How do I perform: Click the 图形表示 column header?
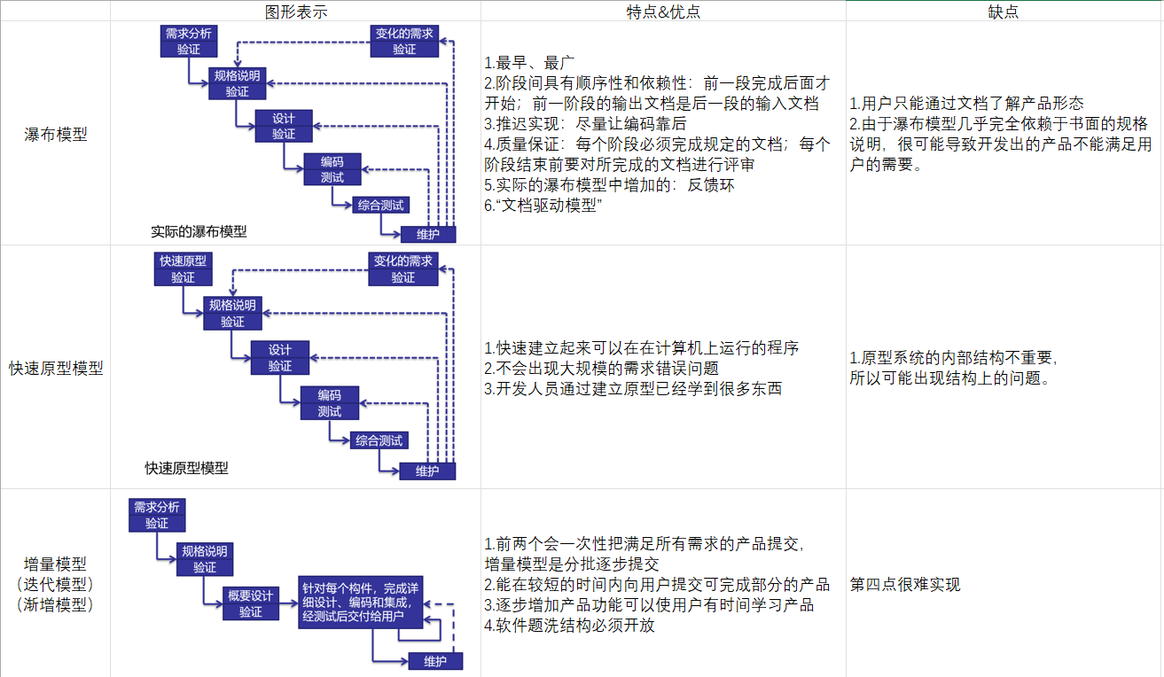click(x=296, y=11)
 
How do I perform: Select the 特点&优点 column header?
click(x=663, y=11)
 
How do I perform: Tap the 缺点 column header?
click(x=1004, y=11)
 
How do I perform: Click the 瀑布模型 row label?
click(x=56, y=136)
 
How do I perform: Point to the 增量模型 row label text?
click(x=56, y=564)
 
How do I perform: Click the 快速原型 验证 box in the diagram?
click(x=183, y=268)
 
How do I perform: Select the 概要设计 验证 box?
click(x=251, y=603)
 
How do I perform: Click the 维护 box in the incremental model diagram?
click(x=435, y=662)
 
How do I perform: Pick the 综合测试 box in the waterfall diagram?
click(x=381, y=205)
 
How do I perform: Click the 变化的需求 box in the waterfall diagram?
click(x=404, y=41)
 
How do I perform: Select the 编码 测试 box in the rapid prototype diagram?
click(x=330, y=403)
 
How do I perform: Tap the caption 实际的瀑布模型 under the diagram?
click(x=199, y=232)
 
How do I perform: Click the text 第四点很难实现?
click(x=904, y=585)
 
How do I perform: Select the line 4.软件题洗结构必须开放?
click(x=569, y=626)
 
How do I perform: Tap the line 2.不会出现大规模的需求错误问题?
click(x=601, y=368)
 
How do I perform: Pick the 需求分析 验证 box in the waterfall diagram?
click(x=188, y=41)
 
